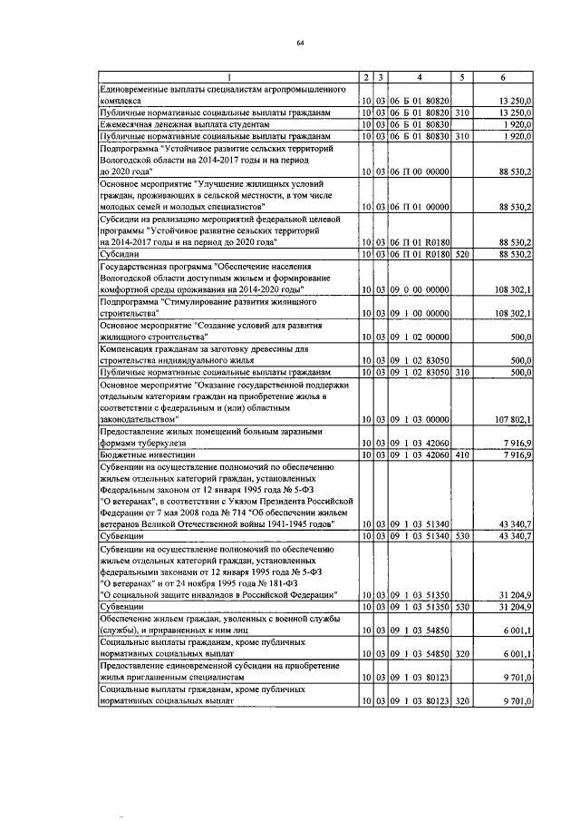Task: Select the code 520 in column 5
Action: [461, 255]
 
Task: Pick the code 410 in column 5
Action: [461, 454]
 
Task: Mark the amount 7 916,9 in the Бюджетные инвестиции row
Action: [519, 454]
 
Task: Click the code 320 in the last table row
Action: [461, 700]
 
